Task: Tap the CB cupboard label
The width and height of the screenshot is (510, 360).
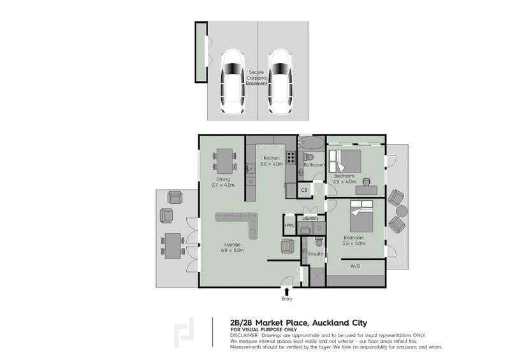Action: click(304, 190)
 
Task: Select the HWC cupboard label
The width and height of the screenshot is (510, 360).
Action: click(288, 225)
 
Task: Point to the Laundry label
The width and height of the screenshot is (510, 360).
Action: click(310, 219)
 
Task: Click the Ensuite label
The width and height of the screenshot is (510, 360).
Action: click(316, 254)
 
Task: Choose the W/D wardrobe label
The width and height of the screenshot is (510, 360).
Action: click(355, 266)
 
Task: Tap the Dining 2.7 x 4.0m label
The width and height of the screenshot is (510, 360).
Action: click(223, 182)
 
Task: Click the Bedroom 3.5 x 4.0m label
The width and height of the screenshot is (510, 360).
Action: click(344, 178)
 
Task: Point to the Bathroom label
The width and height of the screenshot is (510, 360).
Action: click(314, 165)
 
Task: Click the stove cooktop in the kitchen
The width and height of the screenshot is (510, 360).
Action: click(290, 157)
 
